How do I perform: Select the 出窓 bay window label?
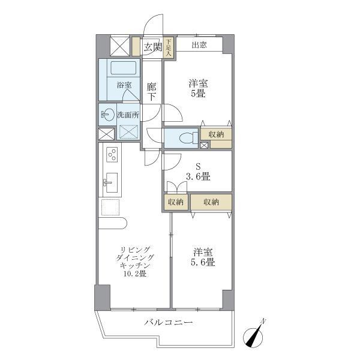pos(200,45)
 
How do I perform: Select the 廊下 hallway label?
pos(152,92)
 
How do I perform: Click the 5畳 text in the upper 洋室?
pos(198,94)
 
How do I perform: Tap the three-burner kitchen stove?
pos(111,155)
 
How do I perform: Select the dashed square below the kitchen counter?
pos(110,208)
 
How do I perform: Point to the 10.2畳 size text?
pos(135,274)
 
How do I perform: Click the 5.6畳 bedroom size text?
pos(203,262)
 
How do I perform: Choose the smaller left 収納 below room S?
pos(176,202)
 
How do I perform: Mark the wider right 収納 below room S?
pos(211,202)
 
